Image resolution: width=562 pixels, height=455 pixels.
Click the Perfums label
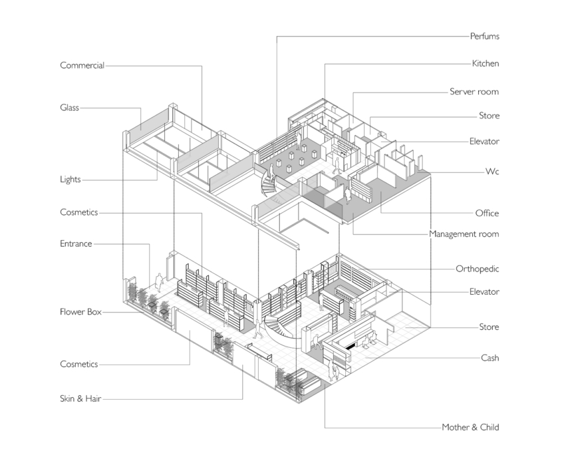pyautogui.click(x=484, y=36)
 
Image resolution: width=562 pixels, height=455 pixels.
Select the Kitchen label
pyautogui.click(x=486, y=63)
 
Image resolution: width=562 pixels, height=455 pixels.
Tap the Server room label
pyautogui.click(x=474, y=91)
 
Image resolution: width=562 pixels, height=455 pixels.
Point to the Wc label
pyautogui.click(x=492, y=171)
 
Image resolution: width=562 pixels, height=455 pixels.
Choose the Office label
pyautogui.click(x=487, y=213)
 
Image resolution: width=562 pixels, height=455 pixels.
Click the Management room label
pyautogui.click(x=464, y=234)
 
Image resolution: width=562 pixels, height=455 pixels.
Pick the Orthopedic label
pyautogui.click(x=477, y=269)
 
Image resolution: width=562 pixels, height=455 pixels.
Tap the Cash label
pyautogui.click(x=490, y=358)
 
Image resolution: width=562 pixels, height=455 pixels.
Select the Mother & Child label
pyautogui.click(x=470, y=427)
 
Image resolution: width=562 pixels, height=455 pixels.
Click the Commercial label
pyautogui.click(x=82, y=65)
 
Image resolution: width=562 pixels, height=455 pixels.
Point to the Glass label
pyautogui.click(x=69, y=107)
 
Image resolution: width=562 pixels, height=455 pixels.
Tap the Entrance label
pyautogui.click(x=76, y=243)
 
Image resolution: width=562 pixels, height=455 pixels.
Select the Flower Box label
pyautogui.click(x=80, y=311)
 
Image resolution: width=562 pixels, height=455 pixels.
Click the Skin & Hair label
pyautogui.click(x=80, y=398)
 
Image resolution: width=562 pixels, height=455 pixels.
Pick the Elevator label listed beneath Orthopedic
pyautogui.click(x=484, y=291)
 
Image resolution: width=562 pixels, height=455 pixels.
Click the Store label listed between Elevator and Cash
pyautogui.click(x=489, y=327)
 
